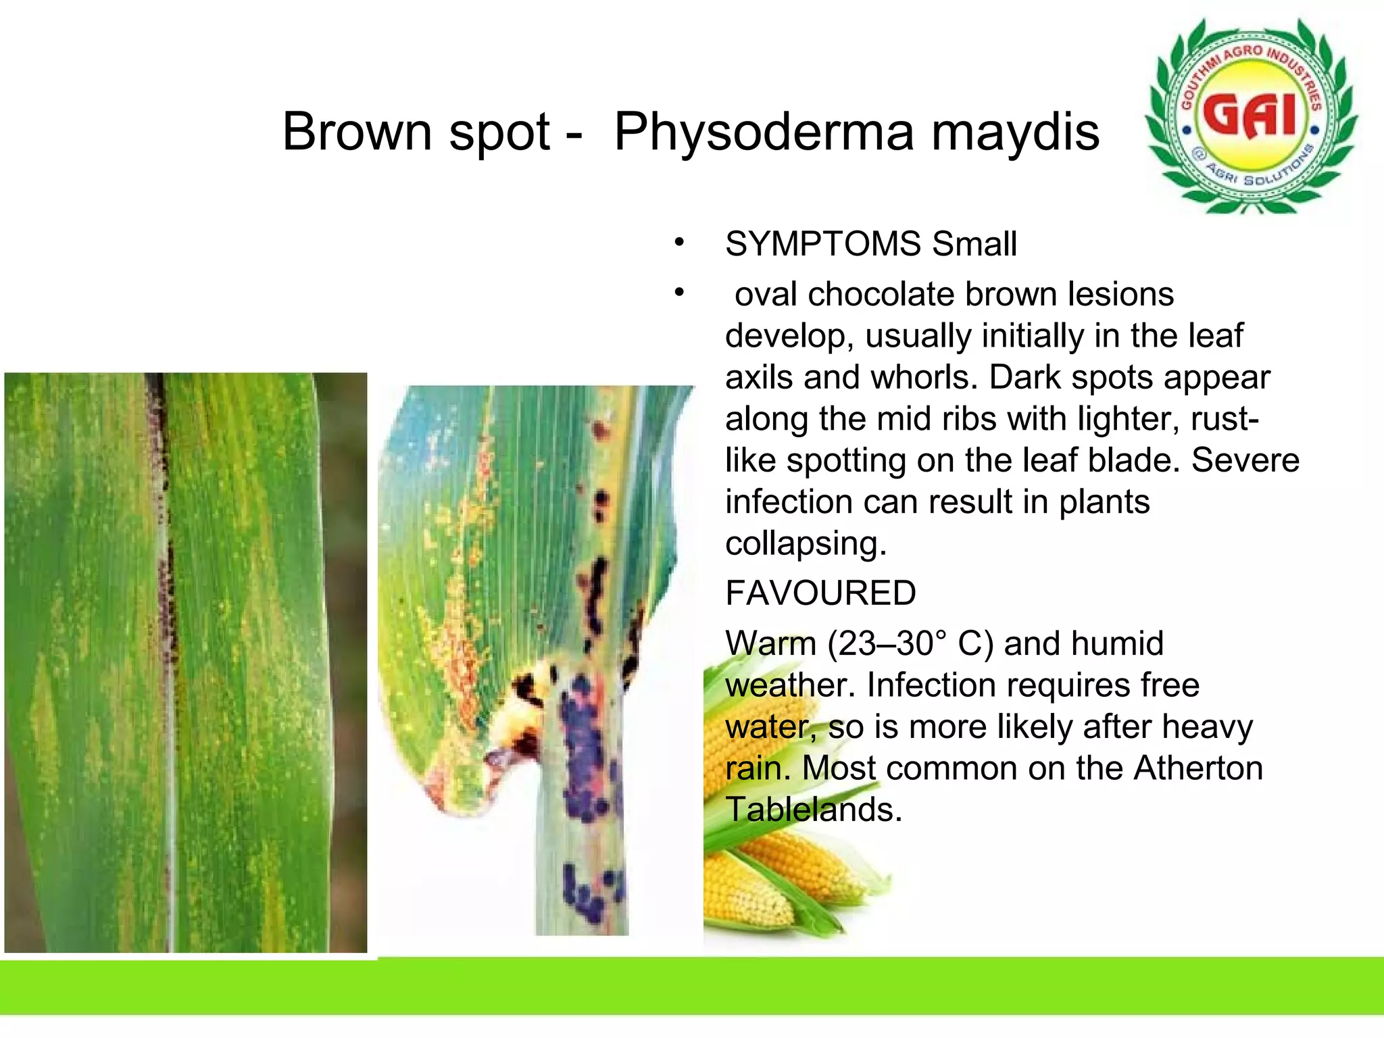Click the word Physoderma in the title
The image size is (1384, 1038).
tap(764, 132)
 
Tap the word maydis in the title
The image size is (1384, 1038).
tap(1015, 132)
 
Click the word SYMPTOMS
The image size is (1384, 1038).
tap(822, 244)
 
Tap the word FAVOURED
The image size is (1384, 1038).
tap(820, 593)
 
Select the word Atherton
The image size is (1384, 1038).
tap(1197, 768)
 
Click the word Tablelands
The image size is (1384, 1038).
tap(813, 810)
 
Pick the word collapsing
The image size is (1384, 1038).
tap(805, 544)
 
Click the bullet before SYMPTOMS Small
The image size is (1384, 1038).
tap(679, 243)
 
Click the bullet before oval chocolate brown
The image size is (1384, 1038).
tap(679, 293)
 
